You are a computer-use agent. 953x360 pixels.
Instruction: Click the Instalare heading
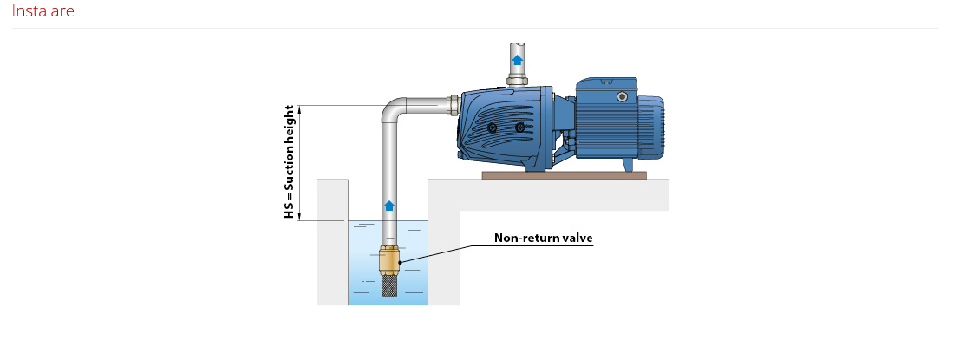click(x=43, y=11)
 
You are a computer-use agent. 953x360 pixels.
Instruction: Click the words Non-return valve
click(x=543, y=239)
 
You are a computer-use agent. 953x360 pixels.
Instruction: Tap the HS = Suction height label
click(x=290, y=161)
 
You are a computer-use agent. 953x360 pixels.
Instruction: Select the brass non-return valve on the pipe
click(x=389, y=260)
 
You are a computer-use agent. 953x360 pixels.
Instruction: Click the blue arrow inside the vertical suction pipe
click(x=389, y=206)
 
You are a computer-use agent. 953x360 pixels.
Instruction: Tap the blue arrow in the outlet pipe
click(x=517, y=59)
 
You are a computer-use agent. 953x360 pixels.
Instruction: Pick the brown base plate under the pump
click(x=564, y=175)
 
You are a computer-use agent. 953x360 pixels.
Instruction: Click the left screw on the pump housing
click(x=493, y=128)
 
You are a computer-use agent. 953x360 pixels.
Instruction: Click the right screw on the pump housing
click(x=520, y=128)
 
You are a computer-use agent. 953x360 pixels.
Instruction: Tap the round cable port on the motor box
click(x=621, y=96)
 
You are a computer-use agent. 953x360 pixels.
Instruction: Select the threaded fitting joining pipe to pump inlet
click(x=453, y=105)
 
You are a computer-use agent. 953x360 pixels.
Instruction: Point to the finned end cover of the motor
click(x=650, y=128)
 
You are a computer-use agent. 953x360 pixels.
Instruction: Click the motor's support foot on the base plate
click(x=627, y=165)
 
